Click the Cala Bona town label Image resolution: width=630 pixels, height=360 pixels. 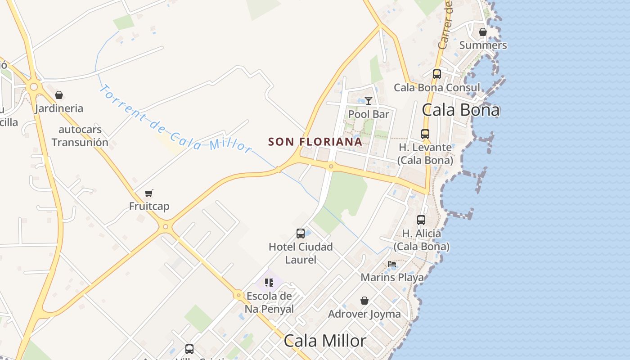(x=461, y=110)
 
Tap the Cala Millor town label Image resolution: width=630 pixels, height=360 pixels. (x=325, y=341)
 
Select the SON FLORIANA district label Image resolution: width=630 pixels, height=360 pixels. (x=315, y=142)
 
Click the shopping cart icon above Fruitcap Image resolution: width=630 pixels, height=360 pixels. (x=149, y=193)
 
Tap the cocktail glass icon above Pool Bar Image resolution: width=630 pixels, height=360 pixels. (x=369, y=101)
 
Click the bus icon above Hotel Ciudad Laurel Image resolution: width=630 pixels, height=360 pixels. (x=301, y=234)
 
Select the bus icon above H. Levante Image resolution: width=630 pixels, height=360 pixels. (x=425, y=134)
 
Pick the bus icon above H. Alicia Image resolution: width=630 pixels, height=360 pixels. (x=421, y=220)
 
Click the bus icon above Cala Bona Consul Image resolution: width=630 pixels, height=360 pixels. (x=437, y=74)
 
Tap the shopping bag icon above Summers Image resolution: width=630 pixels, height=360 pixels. (x=483, y=32)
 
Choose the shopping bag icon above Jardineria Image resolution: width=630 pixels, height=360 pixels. (x=59, y=95)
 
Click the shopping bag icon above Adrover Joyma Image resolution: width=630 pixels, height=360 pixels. (x=364, y=301)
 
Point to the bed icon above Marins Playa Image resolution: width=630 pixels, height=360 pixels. (x=392, y=264)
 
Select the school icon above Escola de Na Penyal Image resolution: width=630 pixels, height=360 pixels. (x=269, y=283)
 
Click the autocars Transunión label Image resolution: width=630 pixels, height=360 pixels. (x=80, y=136)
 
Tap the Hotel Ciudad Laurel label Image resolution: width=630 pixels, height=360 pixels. (x=301, y=253)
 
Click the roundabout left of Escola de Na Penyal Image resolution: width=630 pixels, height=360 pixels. (x=238, y=295)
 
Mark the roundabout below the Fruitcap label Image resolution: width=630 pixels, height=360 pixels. (x=166, y=227)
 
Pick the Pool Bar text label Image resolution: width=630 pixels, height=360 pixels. (x=369, y=114)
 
